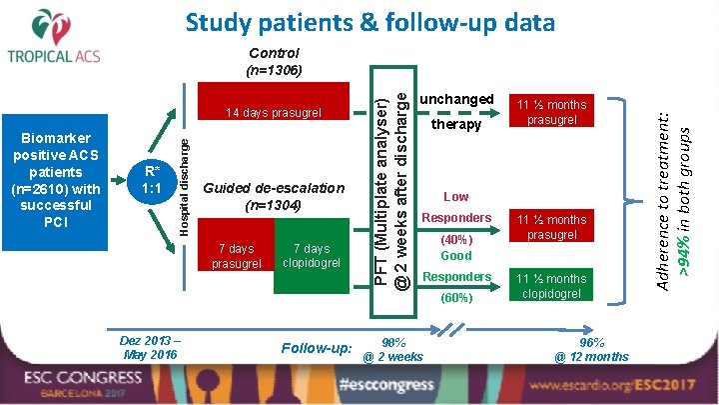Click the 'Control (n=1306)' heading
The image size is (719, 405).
pyautogui.click(x=274, y=61)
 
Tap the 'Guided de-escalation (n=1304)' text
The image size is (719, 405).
pyautogui.click(x=274, y=196)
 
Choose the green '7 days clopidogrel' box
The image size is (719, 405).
pyautogui.click(x=310, y=256)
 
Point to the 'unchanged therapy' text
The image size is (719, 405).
pyautogui.click(x=456, y=112)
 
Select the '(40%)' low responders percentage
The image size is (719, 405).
pyautogui.click(x=455, y=240)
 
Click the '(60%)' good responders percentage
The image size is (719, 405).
pyautogui.click(x=455, y=297)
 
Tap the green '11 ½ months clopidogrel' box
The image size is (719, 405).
pyautogui.click(x=552, y=286)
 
